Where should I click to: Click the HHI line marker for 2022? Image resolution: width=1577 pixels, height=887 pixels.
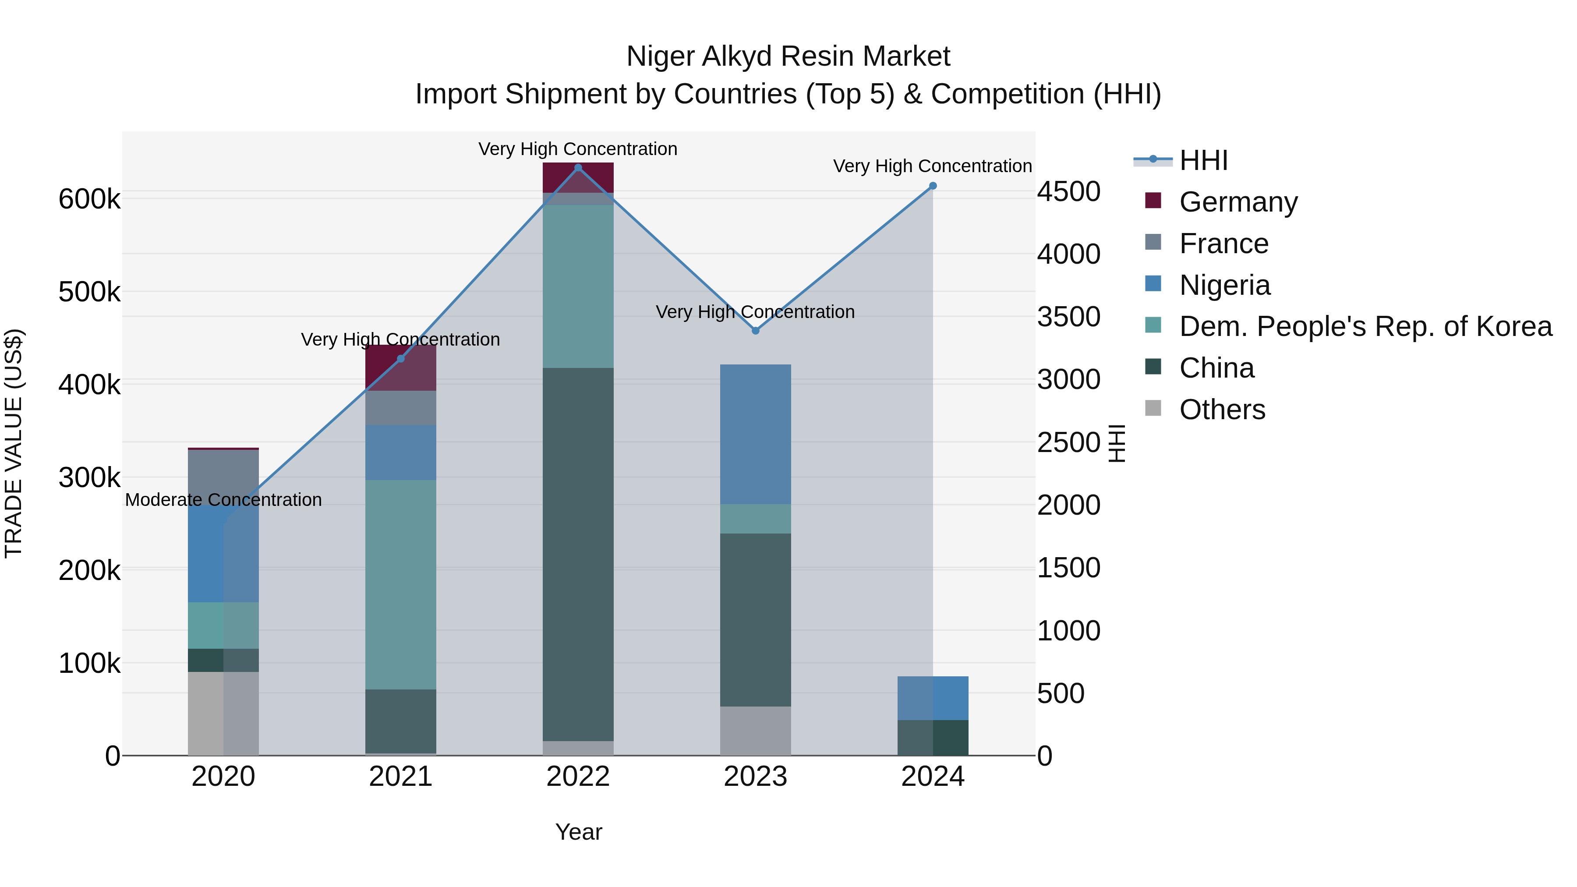578,168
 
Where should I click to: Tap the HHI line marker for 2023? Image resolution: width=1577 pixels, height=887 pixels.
756,331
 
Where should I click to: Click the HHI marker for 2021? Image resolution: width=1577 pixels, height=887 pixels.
401,359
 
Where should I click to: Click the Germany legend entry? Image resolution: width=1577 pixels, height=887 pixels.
1238,202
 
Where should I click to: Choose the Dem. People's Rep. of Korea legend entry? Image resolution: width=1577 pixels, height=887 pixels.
1365,326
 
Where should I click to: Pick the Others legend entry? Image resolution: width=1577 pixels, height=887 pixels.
1222,410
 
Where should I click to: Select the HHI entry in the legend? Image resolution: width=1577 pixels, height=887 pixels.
1203,160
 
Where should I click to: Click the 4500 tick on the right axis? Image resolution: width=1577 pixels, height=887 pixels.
1069,191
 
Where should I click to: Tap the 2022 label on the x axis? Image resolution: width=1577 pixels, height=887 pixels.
578,777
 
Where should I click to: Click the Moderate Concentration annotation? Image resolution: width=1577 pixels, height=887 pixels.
223,500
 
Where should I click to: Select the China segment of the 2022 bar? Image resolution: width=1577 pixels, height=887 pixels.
578,554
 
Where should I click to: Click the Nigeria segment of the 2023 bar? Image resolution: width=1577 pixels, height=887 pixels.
756,434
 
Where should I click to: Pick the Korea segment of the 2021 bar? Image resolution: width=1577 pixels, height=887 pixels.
401,585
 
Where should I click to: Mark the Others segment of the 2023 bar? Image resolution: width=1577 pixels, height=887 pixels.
756,731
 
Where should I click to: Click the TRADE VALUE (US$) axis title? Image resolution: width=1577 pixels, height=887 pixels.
14,443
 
